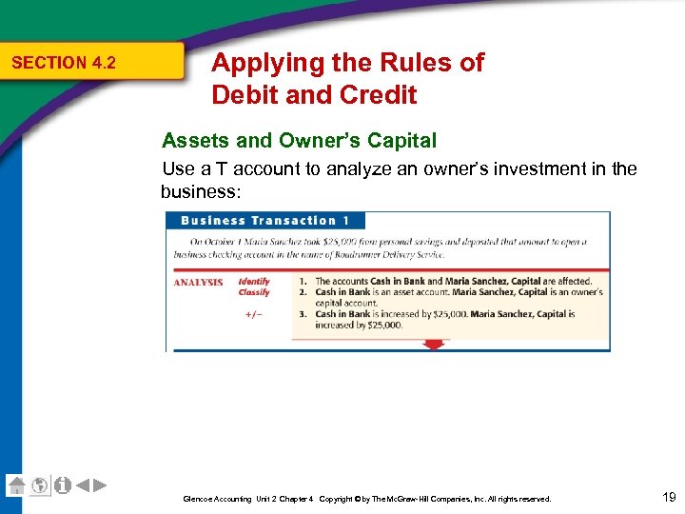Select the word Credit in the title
pyautogui.click(x=377, y=95)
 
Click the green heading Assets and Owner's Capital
pyautogui.click(x=299, y=141)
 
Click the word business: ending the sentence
pyautogui.click(x=201, y=191)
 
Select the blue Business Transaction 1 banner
pyautogui.click(x=258, y=221)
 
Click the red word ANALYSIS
pyautogui.click(x=198, y=282)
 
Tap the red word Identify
pyautogui.click(x=254, y=282)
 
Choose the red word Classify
pyautogui.click(x=254, y=292)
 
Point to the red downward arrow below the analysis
pyautogui.click(x=433, y=345)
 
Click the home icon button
pyautogui.click(x=16, y=484)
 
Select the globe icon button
pyautogui.click(x=39, y=484)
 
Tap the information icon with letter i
pyautogui.click(x=62, y=484)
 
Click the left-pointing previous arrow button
pyautogui.click(x=83, y=484)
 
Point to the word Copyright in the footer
pyautogui.click(x=338, y=499)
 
